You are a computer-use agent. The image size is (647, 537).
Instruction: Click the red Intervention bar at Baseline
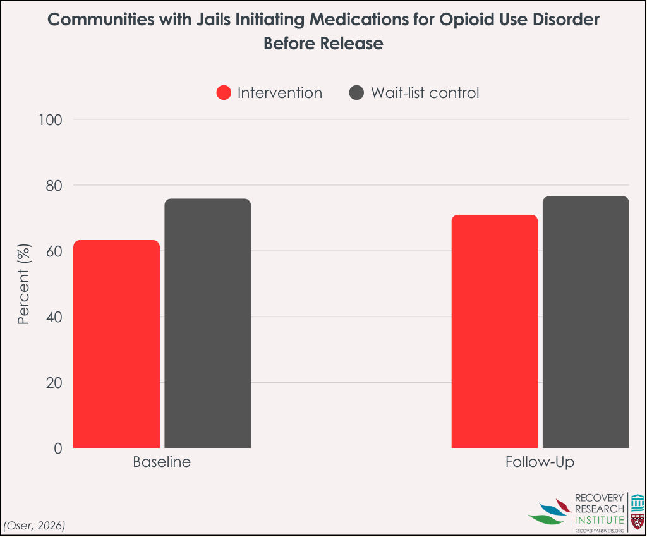point(117,344)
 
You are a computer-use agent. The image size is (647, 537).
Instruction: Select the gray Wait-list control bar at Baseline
point(207,323)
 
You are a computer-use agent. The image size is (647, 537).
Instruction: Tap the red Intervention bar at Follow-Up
point(495,331)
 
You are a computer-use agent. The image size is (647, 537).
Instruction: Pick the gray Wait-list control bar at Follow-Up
point(586,322)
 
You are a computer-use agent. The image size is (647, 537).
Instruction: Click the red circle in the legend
point(224,93)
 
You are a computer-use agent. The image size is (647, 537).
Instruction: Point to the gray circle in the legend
point(357,93)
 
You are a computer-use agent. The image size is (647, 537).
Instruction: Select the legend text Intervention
point(280,93)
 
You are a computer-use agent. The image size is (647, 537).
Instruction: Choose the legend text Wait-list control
point(425,93)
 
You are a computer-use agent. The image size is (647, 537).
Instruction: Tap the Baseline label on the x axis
point(162,462)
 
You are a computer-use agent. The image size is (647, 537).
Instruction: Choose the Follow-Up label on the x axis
point(540,462)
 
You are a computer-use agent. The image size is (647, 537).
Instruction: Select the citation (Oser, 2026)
point(35,525)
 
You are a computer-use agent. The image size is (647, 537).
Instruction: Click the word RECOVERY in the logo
point(599,498)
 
